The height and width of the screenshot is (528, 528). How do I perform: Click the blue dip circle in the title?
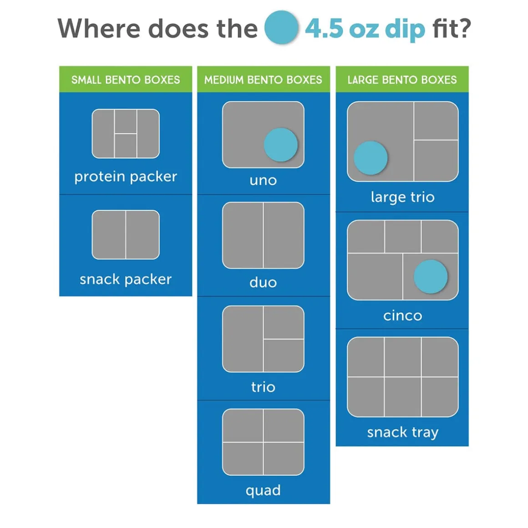click(x=281, y=27)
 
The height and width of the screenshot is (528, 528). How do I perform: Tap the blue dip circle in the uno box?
click(x=280, y=145)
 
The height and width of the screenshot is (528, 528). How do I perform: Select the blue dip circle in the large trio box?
click(x=371, y=158)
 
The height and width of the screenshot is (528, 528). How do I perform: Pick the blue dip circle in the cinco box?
click(x=430, y=276)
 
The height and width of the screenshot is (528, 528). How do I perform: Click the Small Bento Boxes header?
click(x=126, y=80)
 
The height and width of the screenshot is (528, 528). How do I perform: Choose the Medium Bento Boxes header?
click(x=264, y=80)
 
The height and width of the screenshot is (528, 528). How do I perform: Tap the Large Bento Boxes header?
click(x=402, y=80)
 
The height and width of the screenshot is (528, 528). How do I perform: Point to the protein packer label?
click(x=126, y=177)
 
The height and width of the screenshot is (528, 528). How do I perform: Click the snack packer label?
click(x=126, y=279)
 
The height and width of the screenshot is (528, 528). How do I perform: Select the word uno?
click(x=264, y=181)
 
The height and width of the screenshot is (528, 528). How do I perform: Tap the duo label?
click(x=264, y=282)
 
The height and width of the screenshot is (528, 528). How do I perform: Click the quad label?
click(x=264, y=490)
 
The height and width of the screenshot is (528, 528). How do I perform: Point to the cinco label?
click(x=403, y=316)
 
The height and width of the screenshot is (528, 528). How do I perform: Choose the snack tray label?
click(x=403, y=432)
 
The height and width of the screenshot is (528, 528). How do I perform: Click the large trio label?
click(x=403, y=197)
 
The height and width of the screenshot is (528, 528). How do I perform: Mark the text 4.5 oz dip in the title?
click(x=365, y=30)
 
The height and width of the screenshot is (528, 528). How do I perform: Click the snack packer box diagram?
click(x=126, y=235)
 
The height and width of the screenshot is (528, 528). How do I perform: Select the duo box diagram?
click(x=264, y=235)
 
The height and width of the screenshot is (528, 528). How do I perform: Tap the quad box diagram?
click(x=264, y=442)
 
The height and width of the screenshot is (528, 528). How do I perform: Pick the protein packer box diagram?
click(x=126, y=134)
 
